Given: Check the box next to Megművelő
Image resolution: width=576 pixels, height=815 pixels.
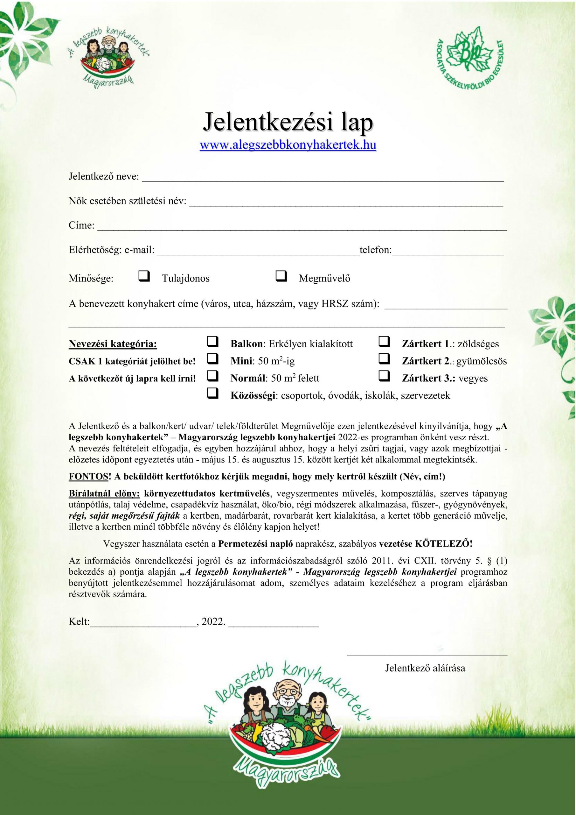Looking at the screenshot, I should (x=281, y=276).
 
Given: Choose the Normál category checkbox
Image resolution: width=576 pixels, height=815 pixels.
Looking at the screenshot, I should (x=212, y=376).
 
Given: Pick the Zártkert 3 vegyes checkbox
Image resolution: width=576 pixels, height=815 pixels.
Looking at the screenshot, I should (x=384, y=376).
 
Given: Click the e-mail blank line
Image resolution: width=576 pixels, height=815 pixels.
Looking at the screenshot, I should (x=258, y=253).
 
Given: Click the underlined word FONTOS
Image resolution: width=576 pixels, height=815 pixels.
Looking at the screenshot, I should (x=88, y=477).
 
